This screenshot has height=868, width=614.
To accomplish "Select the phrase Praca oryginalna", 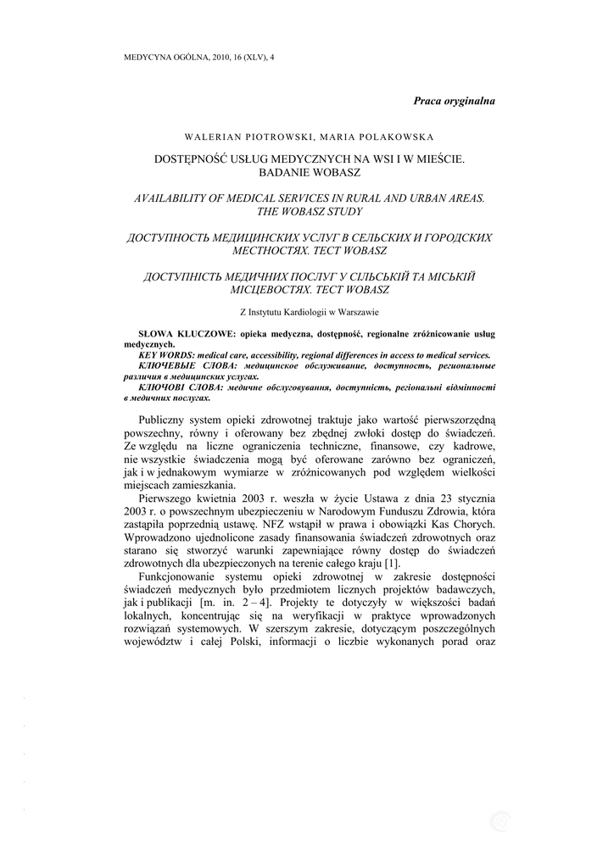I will pos(454,101).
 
